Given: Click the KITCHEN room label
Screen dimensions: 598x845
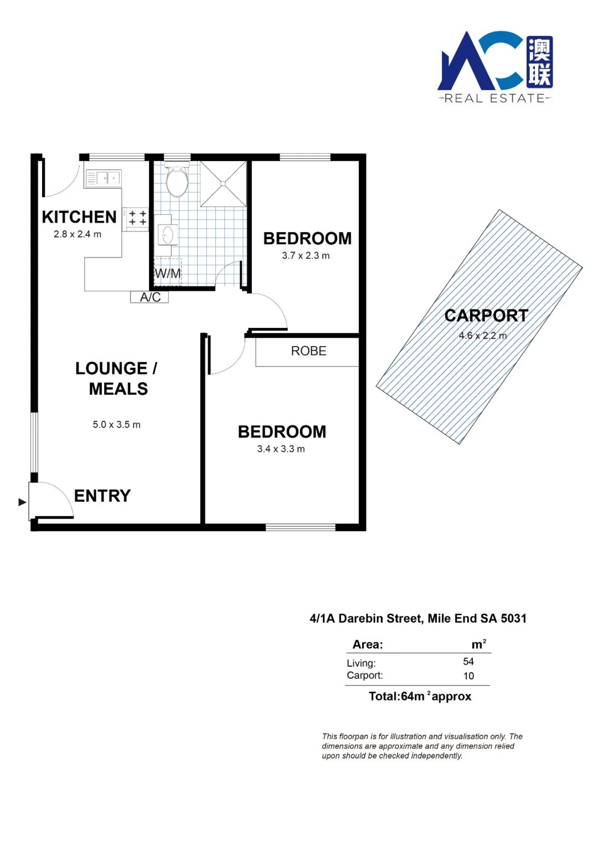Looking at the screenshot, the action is (x=79, y=217).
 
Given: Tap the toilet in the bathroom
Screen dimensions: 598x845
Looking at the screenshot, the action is (x=177, y=179).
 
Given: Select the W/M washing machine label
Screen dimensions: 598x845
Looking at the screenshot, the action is (x=168, y=273).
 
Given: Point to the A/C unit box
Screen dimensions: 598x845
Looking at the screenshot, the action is (x=149, y=297).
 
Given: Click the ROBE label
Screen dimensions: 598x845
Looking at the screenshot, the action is (x=308, y=351).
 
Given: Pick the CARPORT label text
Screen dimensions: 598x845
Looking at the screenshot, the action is (x=486, y=316).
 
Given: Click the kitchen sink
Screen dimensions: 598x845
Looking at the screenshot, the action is (x=104, y=178).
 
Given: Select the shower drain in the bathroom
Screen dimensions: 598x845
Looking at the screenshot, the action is (x=223, y=184).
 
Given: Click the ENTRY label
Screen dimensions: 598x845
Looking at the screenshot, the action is (x=102, y=496).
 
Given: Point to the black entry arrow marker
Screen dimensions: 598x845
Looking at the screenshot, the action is (x=23, y=502).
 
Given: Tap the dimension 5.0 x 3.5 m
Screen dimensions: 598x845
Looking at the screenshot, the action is (x=117, y=425).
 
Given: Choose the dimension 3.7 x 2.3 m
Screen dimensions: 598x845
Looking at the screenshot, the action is (x=306, y=256).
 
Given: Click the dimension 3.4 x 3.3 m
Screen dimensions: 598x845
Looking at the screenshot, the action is (x=281, y=449).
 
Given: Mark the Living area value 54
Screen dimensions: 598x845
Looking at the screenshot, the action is (x=468, y=661).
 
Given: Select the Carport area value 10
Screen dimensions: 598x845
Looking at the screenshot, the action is (x=468, y=676).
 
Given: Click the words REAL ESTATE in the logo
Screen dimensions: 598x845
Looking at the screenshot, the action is (x=494, y=99).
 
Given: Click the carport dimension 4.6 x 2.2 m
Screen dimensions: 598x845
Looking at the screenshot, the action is (x=482, y=336).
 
